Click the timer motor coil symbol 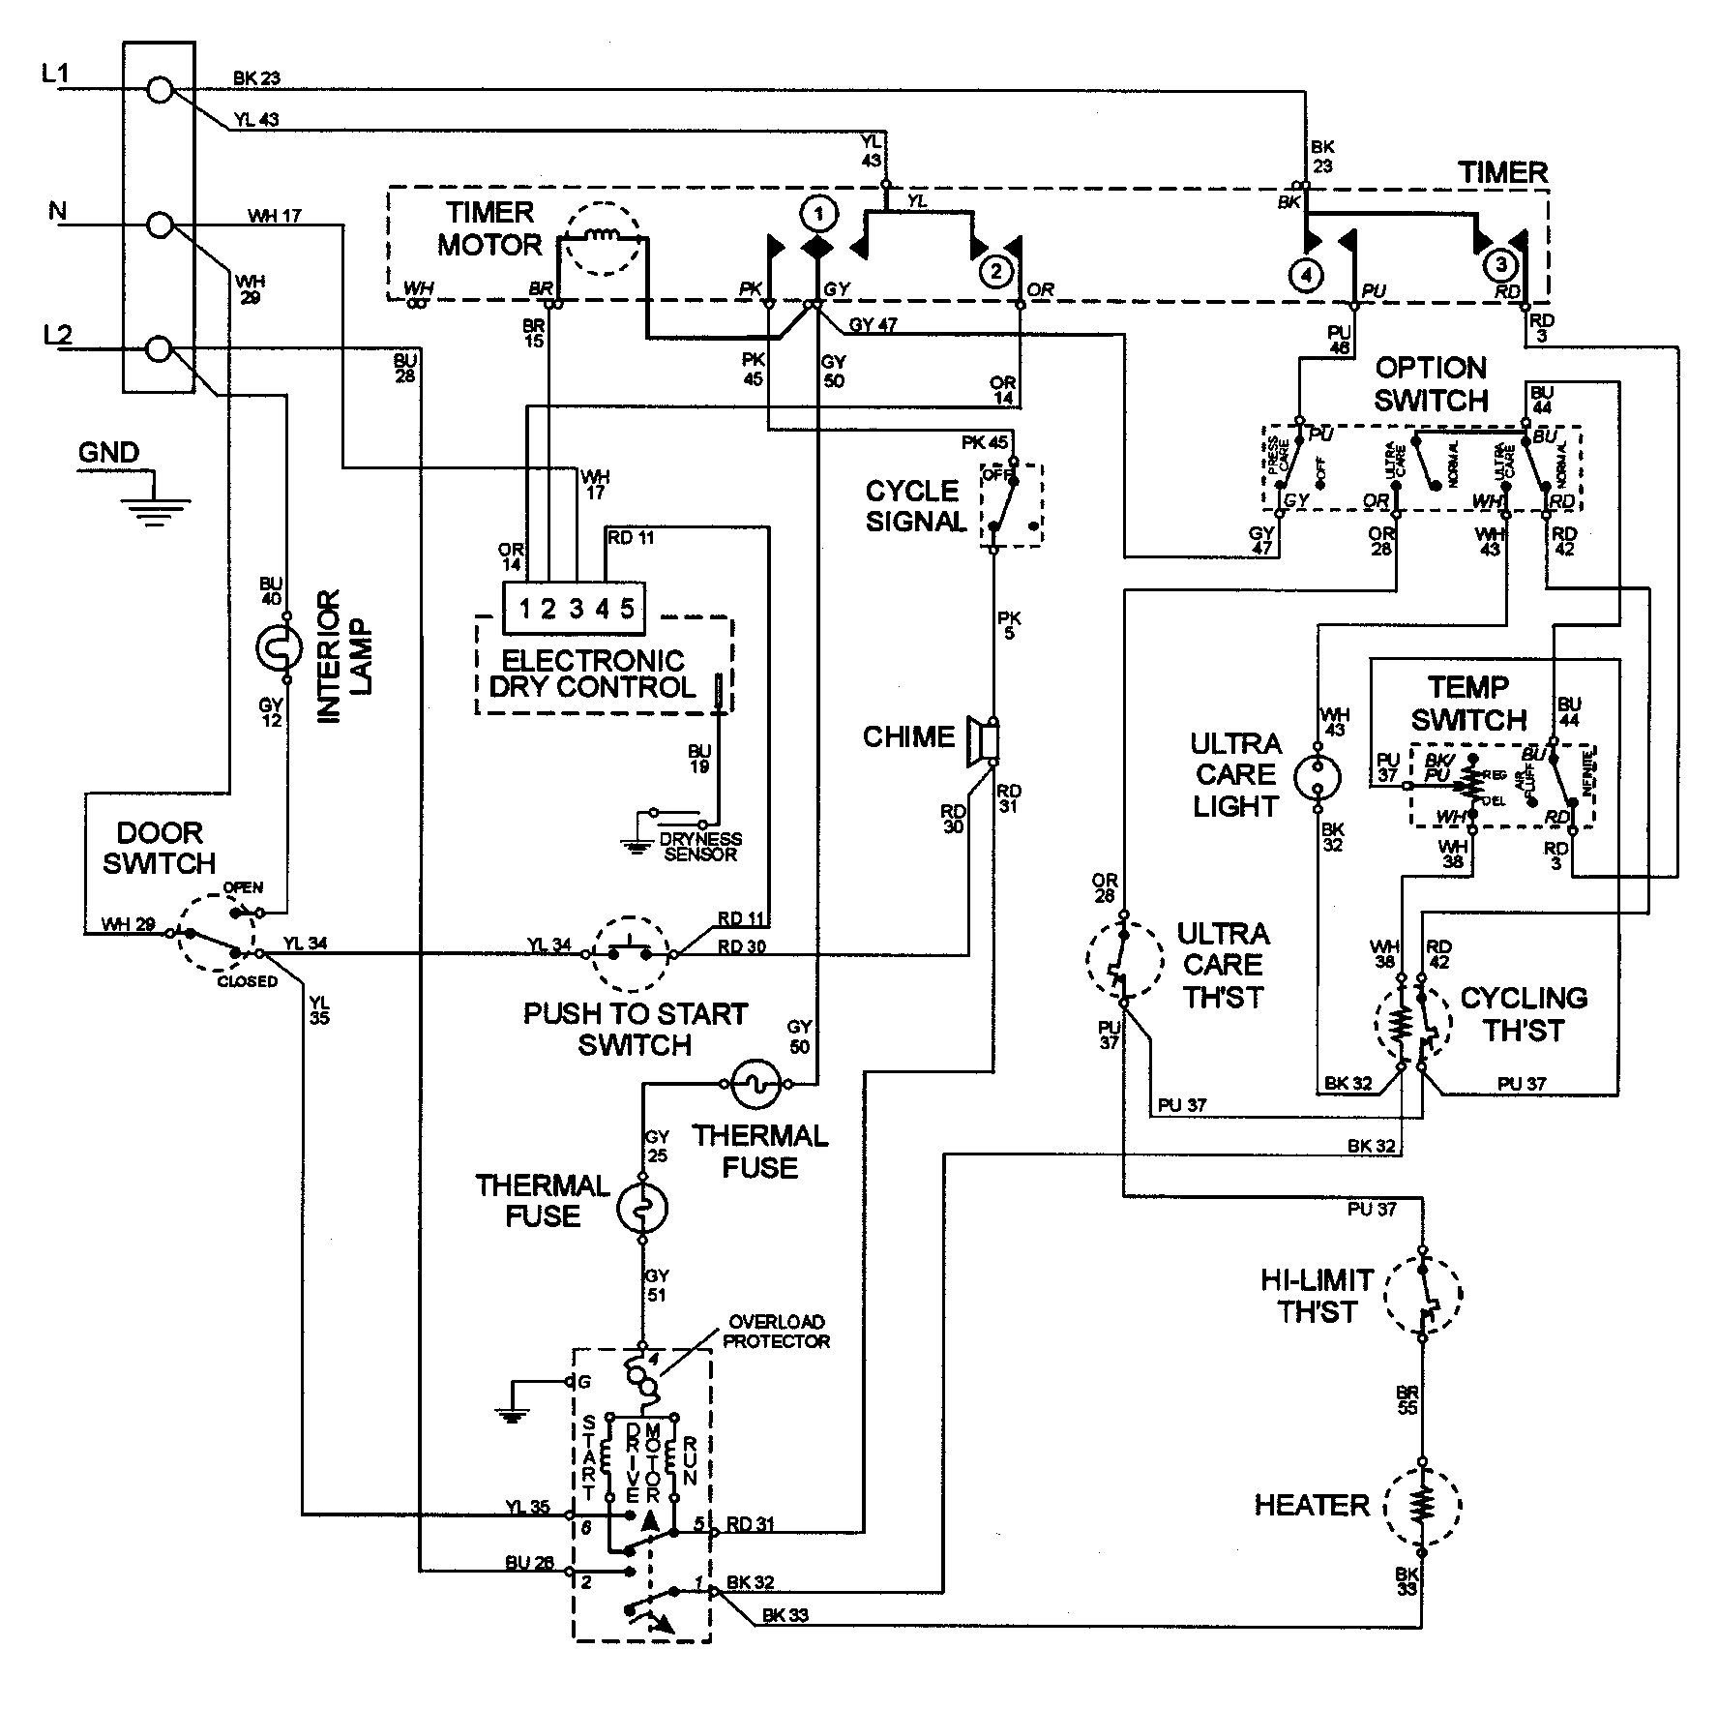tap(603, 249)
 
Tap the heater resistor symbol tap(1422, 1506)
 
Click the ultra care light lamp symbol tap(1317, 774)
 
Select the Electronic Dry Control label tap(593, 675)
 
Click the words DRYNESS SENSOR tap(699, 846)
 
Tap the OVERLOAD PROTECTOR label tap(776, 1332)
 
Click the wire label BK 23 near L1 tap(256, 78)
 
